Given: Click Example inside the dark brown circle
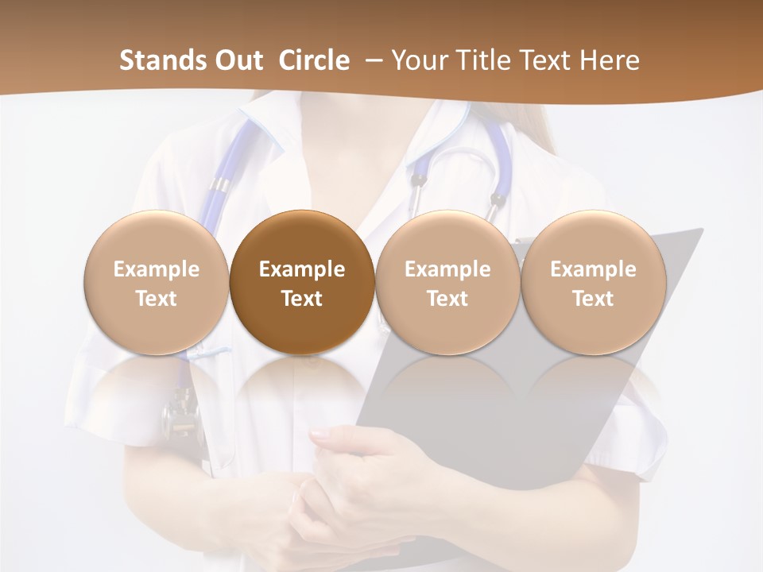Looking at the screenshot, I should pyautogui.click(x=302, y=269).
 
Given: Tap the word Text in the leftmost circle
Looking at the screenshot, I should pyautogui.click(x=157, y=299).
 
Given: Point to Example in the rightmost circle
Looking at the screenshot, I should pyautogui.click(x=594, y=269).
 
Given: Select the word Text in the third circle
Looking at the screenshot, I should pyautogui.click(x=447, y=299).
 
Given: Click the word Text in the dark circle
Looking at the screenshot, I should pyautogui.click(x=302, y=299).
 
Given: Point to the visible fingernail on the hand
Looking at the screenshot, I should pyautogui.click(x=319, y=434).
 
